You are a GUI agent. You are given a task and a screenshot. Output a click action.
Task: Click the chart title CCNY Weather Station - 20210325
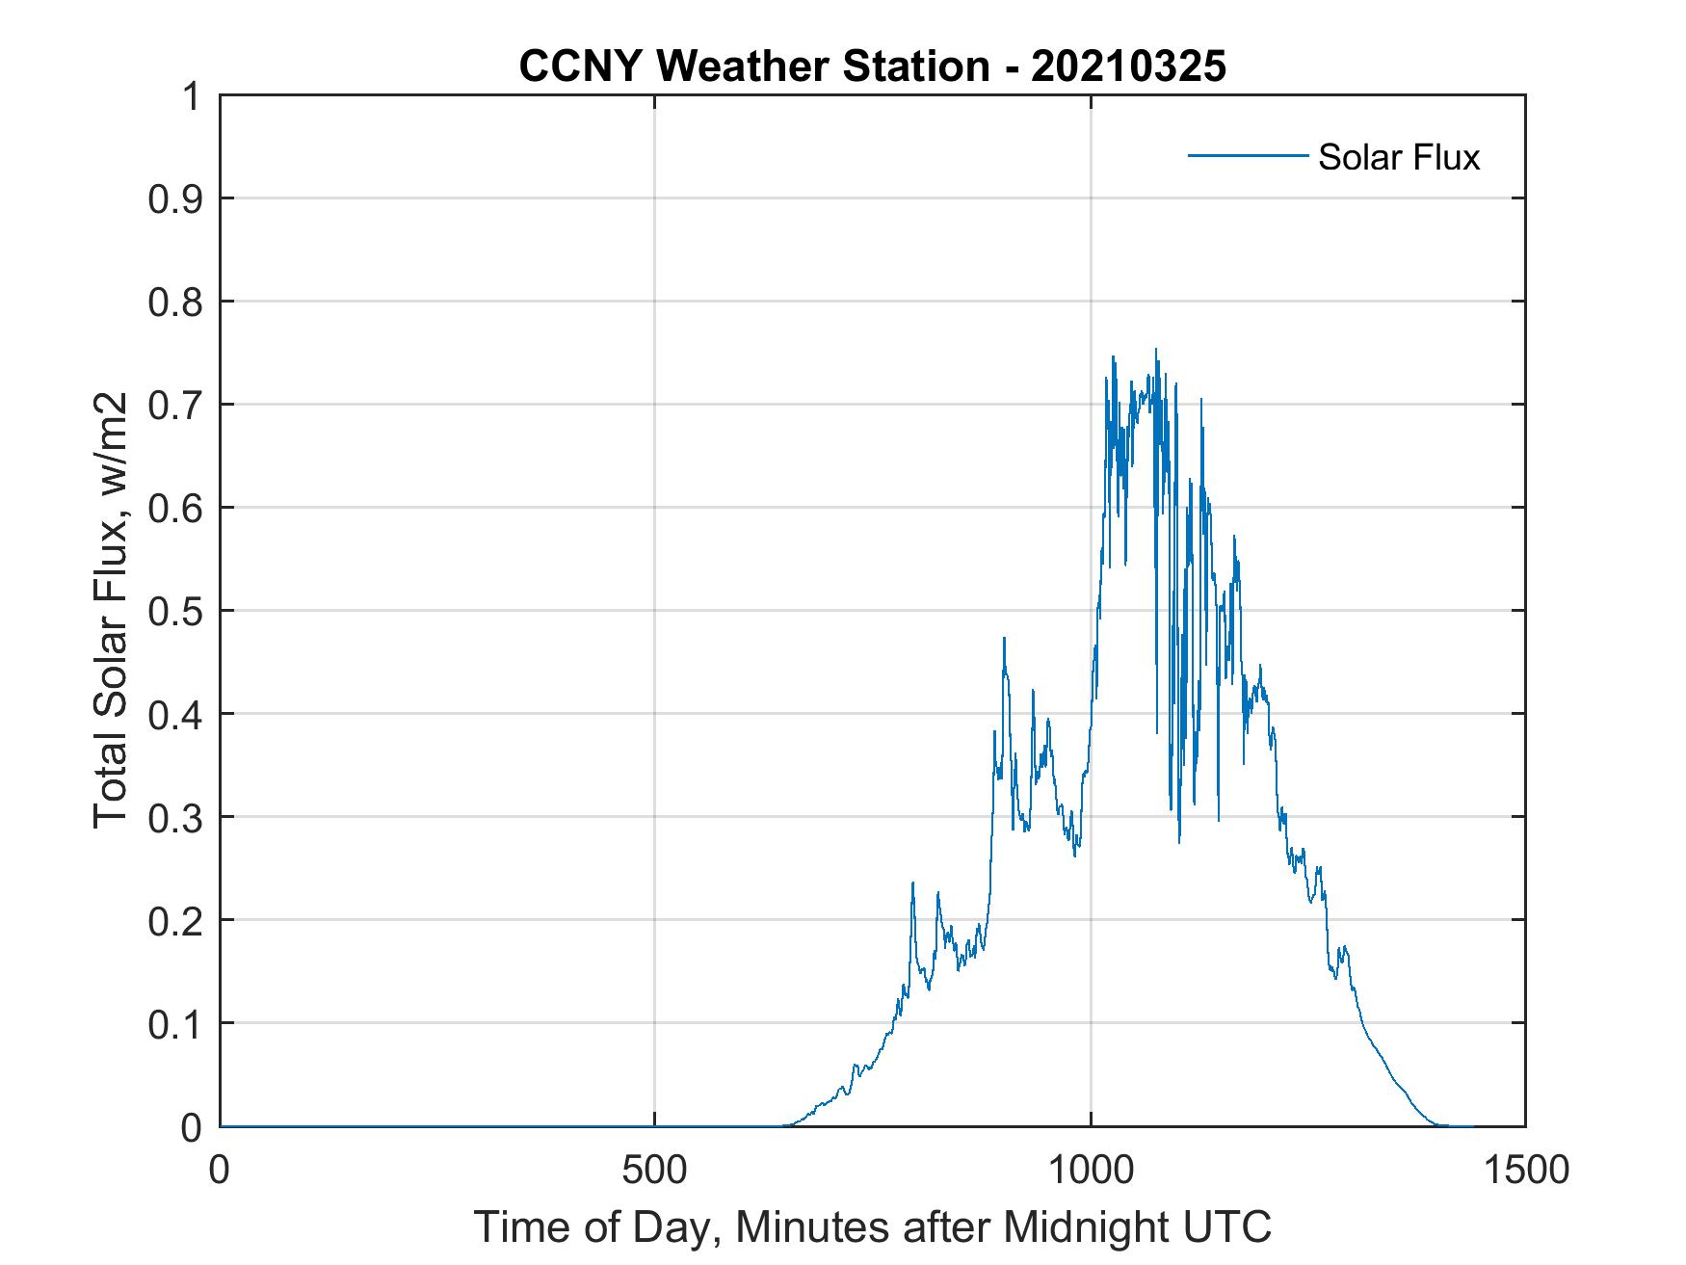(x=872, y=66)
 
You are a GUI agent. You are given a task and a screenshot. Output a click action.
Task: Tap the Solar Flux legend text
(x=1398, y=157)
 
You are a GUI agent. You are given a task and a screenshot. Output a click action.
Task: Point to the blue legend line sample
(x=1247, y=155)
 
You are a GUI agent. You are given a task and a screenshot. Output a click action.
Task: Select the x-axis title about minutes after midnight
(x=872, y=1226)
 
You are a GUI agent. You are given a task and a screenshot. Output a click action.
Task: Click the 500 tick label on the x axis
(x=654, y=1170)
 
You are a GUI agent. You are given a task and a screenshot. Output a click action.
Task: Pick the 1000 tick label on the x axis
(x=1090, y=1170)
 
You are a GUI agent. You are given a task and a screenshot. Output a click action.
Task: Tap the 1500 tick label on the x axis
(x=1525, y=1170)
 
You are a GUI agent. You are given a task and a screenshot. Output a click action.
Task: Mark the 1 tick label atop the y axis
(x=193, y=97)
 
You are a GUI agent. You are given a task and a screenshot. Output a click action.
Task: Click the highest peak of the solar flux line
(x=1156, y=351)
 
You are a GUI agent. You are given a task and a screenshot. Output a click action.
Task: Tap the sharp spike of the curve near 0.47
(x=1004, y=639)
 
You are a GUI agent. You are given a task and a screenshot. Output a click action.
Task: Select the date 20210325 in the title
(x=1128, y=66)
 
